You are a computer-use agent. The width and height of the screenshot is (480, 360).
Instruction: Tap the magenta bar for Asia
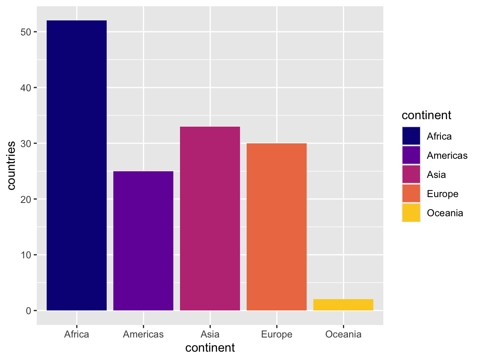tap(210, 218)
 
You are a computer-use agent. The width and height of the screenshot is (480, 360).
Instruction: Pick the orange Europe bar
tap(277, 227)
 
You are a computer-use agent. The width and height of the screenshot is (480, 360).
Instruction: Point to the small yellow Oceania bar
tap(343, 305)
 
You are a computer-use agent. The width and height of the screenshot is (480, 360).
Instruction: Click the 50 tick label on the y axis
tap(26, 32)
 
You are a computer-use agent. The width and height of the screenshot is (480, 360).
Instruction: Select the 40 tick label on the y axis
tap(26, 87)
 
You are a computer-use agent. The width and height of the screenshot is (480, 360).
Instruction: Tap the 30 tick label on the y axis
tap(26, 143)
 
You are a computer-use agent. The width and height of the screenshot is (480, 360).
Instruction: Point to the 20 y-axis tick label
tap(26, 199)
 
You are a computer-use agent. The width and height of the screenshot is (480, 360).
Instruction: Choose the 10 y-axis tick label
tap(26, 255)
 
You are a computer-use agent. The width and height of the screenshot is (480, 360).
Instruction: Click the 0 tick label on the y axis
tap(29, 311)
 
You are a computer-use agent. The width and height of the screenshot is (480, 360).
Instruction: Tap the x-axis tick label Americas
tap(143, 334)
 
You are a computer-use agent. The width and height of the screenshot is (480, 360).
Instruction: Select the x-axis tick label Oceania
tap(343, 334)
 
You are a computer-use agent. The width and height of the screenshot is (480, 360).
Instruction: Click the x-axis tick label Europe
tap(277, 334)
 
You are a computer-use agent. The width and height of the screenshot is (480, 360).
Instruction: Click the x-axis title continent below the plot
tap(210, 347)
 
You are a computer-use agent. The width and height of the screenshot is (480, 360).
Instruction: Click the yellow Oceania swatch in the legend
tap(411, 213)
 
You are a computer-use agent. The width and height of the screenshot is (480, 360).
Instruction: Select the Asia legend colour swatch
tap(411, 175)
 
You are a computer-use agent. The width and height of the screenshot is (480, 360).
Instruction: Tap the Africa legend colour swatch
tap(411, 136)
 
